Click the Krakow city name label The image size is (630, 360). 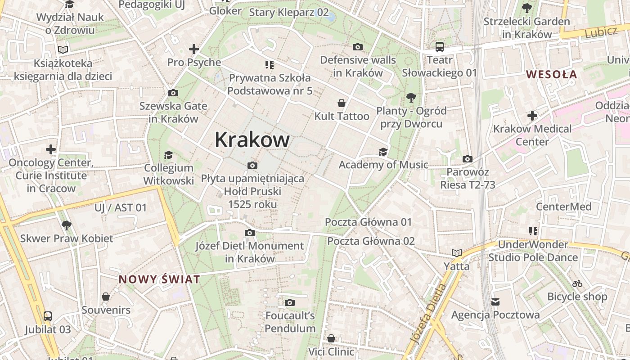point(252,139)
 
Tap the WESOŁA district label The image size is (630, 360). point(551,74)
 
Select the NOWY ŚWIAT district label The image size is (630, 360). point(159,279)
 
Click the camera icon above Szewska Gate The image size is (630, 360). point(173,93)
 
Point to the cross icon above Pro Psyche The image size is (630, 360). point(194,49)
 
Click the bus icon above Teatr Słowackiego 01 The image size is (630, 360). point(439,46)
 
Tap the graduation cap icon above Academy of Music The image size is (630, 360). point(383,152)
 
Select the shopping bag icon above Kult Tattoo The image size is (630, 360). point(342,103)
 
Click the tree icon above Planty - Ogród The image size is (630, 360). point(410,97)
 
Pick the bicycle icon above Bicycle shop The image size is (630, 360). point(577,283)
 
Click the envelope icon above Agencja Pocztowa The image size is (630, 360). point(495,301)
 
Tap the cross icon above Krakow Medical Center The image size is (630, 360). point(532,116)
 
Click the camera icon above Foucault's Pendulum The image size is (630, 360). point(290,302)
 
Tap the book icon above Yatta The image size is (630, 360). point(457,253)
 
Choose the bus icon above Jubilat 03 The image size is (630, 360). point(48,316)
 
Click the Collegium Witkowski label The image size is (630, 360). point(169,174)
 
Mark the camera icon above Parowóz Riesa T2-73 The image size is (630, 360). point(468,159)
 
